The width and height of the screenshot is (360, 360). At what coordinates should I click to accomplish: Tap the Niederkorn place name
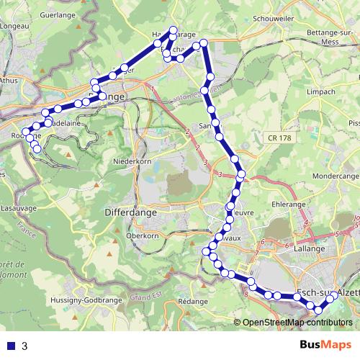click(x=130, y=162)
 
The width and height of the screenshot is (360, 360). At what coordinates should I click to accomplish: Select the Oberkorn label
click(x=141, y=235)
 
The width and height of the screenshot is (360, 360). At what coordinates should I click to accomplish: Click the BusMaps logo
click(x=322, y=346)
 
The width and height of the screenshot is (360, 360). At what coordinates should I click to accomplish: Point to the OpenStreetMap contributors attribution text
click(x=297, y=323)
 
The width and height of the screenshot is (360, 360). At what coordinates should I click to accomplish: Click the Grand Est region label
click(x=144, y=295)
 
